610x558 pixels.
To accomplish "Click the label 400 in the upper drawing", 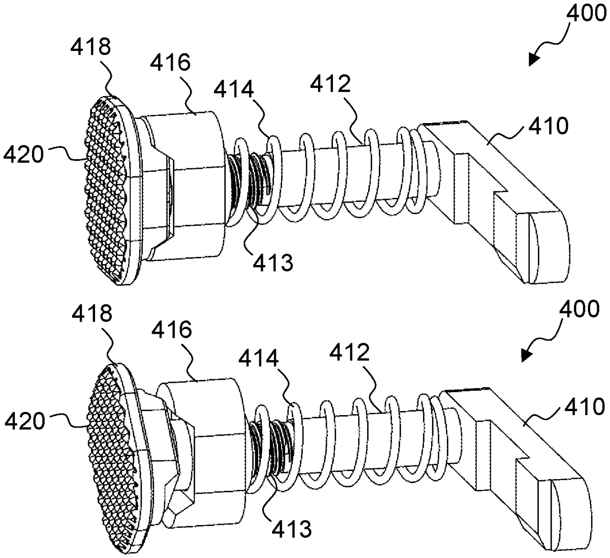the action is [x=587, y=14].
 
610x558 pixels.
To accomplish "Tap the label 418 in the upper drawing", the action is [x=90, y=47].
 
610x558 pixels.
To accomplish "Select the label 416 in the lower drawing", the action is [x=172, y=330].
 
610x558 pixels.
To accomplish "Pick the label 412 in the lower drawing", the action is [x=350, y=352].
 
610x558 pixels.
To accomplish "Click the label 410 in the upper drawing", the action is [x=548, y=126].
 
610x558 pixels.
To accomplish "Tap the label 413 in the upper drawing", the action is [x=273, y=262].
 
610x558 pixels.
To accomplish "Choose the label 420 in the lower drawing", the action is [x=24, y=421].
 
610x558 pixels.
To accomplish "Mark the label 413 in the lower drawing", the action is [x=292, y=528].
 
